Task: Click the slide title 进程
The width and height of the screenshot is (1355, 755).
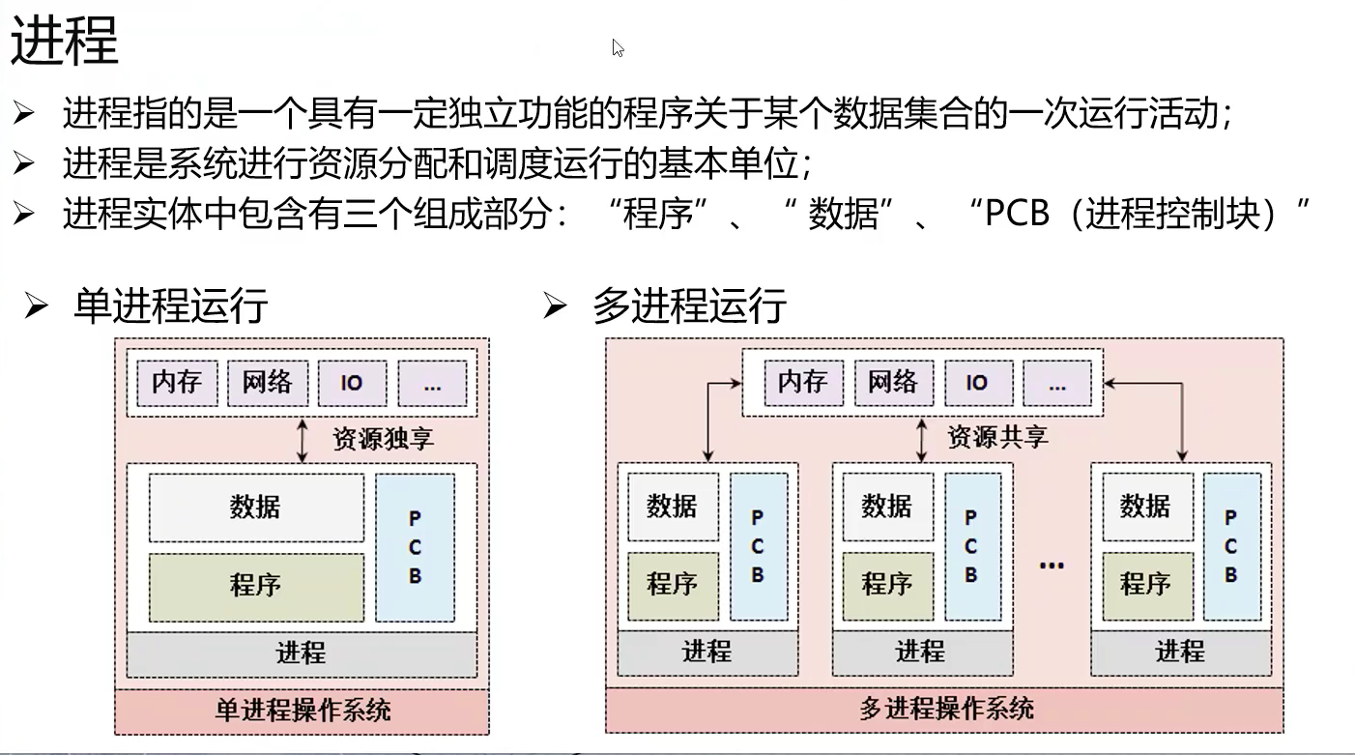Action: pos(65,41)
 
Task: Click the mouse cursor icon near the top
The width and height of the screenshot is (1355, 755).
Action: pos(618,47)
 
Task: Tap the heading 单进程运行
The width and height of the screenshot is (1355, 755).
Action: pos(170,306)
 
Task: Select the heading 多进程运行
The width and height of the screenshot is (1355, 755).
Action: pos(689,306)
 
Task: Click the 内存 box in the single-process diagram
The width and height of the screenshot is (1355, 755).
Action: pos(177,383)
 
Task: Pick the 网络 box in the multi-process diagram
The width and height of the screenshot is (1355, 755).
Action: pos(892,383)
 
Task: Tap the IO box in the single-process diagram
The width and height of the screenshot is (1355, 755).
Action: pos(352,383)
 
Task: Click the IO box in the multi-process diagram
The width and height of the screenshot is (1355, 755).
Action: pos(977,383)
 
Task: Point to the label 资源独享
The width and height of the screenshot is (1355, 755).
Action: pos(383,439)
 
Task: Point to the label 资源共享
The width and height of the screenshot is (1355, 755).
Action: pos(997,437)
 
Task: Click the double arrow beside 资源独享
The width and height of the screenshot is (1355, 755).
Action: pos(303,440)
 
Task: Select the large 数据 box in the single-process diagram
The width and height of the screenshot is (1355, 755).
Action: pos(256,508)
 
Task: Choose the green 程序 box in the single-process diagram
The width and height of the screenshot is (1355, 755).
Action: pos(256,587)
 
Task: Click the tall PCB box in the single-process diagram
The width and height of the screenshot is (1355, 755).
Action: pos(415,547)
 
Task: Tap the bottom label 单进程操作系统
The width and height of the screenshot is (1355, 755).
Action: pos(302,711)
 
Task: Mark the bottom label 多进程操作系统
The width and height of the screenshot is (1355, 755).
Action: pos(945,709)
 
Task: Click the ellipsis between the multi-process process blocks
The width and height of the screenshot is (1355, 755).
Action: pos(1051,564)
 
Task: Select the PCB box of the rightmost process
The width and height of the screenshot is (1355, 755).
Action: pos(1230,546)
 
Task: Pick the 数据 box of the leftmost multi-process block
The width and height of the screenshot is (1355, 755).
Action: pos(673,506)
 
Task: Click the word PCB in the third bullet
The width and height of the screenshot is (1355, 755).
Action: pos(1017,214)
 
